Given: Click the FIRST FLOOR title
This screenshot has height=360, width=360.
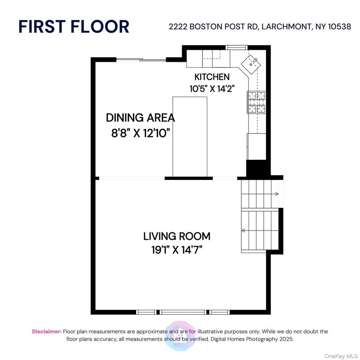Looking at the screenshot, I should tap(74, 26).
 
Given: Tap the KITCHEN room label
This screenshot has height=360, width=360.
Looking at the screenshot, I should tap(212, 77).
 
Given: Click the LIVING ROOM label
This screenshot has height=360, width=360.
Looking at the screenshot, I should tap(176, 236).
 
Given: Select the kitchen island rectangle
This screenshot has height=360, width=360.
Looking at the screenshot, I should tap(190, 137).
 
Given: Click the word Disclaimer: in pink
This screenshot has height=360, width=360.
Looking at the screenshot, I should tap(47, 331).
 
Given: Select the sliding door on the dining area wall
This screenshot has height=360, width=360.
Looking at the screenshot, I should tap(140, 60).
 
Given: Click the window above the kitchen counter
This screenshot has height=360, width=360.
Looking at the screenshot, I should tap(236, 47).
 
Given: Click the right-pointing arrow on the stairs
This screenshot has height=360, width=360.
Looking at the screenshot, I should tap(277, 194).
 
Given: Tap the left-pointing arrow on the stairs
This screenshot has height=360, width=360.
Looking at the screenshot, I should tap(244, 231).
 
